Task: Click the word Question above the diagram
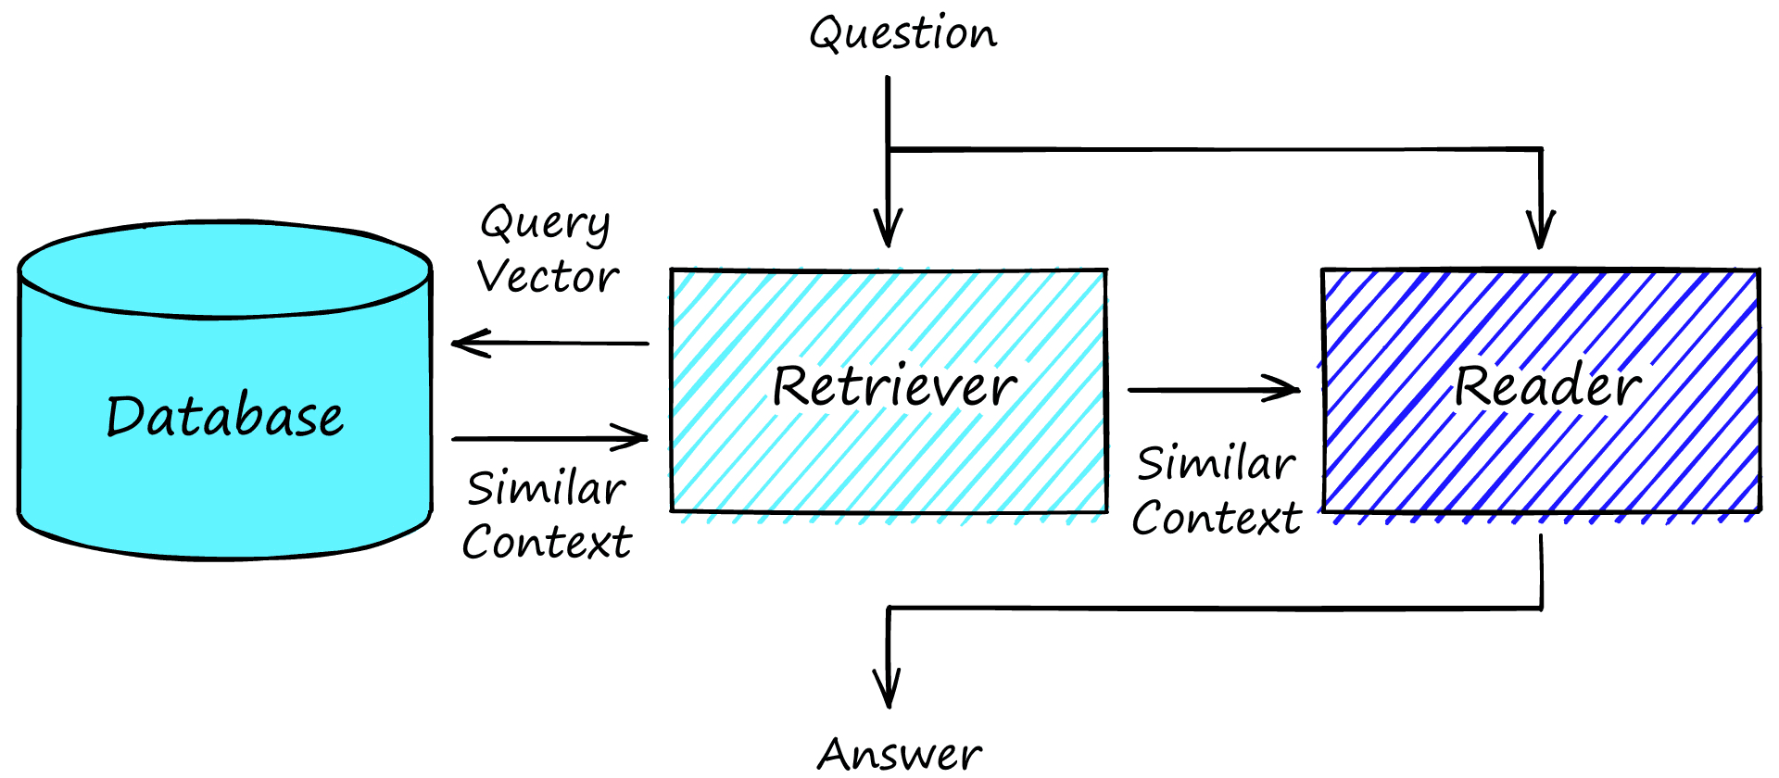tap(903, 35)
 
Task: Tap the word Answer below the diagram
tap(900, 754)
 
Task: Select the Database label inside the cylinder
tap(225, 416)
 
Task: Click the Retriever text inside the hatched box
tap(894, 386)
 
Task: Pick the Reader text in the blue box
tap(1547, 386)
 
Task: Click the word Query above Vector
tap(545, 224)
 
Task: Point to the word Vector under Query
tap(548, 277)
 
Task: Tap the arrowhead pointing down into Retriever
tap(888, 232)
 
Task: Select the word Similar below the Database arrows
tap(547, 488)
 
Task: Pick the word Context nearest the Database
tap(547, 542)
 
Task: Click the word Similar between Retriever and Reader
tap(1217, 463)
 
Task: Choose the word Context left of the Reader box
tap(1217, 518)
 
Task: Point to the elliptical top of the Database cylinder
tap(225, 270)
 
